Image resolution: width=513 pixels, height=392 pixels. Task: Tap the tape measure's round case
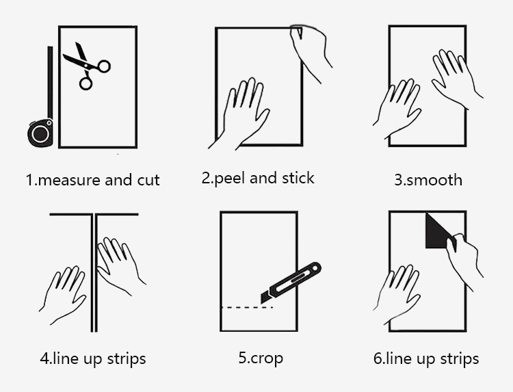[x=40, y=133]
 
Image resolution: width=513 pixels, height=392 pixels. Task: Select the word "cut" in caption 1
[x=148, y=180]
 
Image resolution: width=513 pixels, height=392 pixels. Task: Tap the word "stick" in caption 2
[x=298, y=178]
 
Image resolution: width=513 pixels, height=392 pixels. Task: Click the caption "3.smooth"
[x=428, y=180]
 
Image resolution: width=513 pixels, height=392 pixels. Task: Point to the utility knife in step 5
[x=291, y=283]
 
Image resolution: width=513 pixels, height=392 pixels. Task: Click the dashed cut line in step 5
[x=247, y=308]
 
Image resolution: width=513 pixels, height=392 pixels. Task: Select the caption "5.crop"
[x=261, y=358]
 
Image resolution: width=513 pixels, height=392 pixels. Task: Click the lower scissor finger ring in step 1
[x=85, y=83]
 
